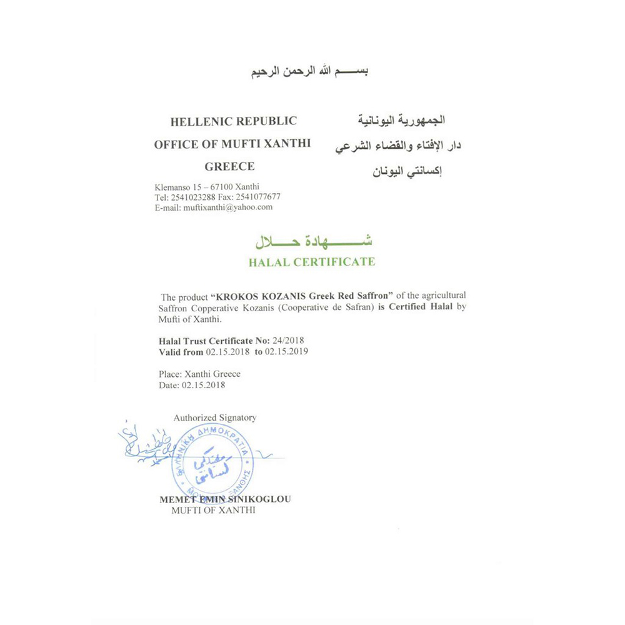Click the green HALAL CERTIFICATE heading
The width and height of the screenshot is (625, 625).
pyautogui.click(x=312, y=262)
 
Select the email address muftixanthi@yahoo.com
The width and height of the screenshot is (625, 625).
pyautogui.click(x=227, y=207)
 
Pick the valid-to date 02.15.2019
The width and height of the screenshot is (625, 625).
pyautogui.click(x=287, y=352)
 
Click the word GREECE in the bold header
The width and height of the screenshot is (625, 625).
pyautogui.click(x=229, y=167)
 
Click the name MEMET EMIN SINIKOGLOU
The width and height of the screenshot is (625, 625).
pyautogui.click(x=225, y=499)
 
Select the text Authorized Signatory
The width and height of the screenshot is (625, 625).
pyautogui.click(x=215, y=417)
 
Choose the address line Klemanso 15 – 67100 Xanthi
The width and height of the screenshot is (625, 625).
pyautogui.click(x=207, y=187)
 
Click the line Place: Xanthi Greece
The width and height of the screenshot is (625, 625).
pyautogui.click(x=199, y=374)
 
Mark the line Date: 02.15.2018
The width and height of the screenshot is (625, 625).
pyautogui.click(x=192, y=385)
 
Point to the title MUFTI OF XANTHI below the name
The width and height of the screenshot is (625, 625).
pyautogui.click(x=213, y=511)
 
